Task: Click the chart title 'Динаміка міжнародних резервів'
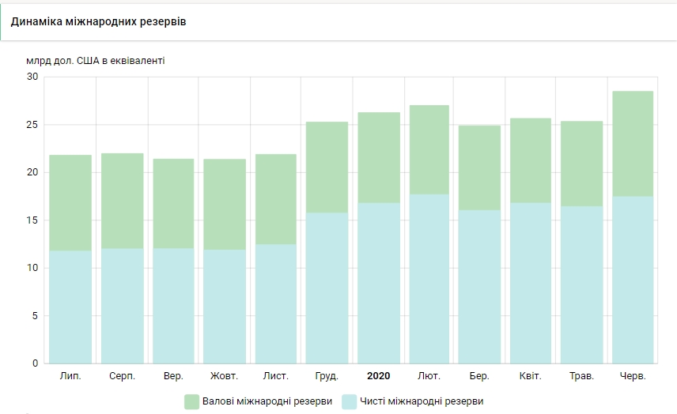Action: pos(99,21)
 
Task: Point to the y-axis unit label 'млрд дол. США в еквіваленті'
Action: pos(96,61)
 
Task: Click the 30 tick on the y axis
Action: pos(32,77)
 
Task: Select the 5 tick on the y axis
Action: pos(34,316)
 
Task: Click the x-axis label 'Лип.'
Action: pos(70,376)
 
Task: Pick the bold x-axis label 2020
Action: pos(378,376)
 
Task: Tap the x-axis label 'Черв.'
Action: pos(633,376)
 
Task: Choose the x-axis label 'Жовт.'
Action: pos(224,376)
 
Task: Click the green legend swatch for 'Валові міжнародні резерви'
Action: pos(192,401)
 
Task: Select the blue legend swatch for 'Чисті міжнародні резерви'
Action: pos(349,401)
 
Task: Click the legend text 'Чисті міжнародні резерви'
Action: pos(421,401)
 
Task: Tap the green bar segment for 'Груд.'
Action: pos(327,167)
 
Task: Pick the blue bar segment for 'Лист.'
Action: pos(276,303)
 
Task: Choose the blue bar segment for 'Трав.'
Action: pos(582,284)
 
